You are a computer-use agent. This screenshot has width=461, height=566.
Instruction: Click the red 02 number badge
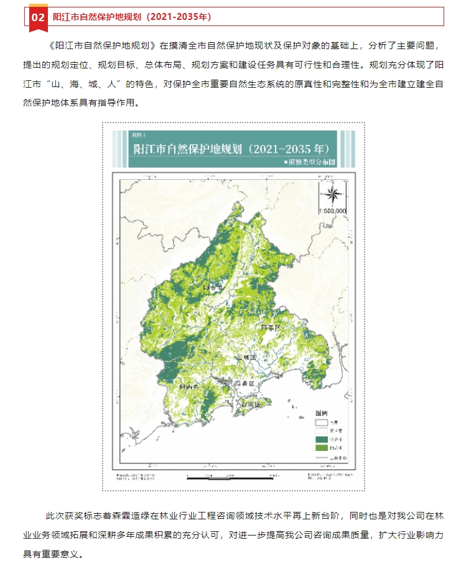(x=38, y=17)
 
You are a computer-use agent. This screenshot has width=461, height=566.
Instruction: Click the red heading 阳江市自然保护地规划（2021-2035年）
(x=132, y=17)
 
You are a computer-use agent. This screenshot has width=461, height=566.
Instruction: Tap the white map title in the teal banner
(x=231, y=149)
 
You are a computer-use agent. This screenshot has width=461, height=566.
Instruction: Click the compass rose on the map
(x=332, y=193)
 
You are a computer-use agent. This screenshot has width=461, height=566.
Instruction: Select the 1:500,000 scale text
(x=332, y=211)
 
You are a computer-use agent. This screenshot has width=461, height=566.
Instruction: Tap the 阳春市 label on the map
(x=213, y=289)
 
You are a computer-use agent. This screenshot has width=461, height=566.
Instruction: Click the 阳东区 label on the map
(x=271, y=326)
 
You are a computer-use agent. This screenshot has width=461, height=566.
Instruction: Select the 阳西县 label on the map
(x=189, y=386)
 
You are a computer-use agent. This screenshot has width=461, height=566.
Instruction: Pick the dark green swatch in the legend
(x=321, y=438)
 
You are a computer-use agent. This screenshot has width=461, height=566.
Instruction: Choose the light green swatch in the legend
(x=321, y=447)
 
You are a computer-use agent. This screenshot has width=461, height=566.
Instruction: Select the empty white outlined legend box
(x=321, y=421)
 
